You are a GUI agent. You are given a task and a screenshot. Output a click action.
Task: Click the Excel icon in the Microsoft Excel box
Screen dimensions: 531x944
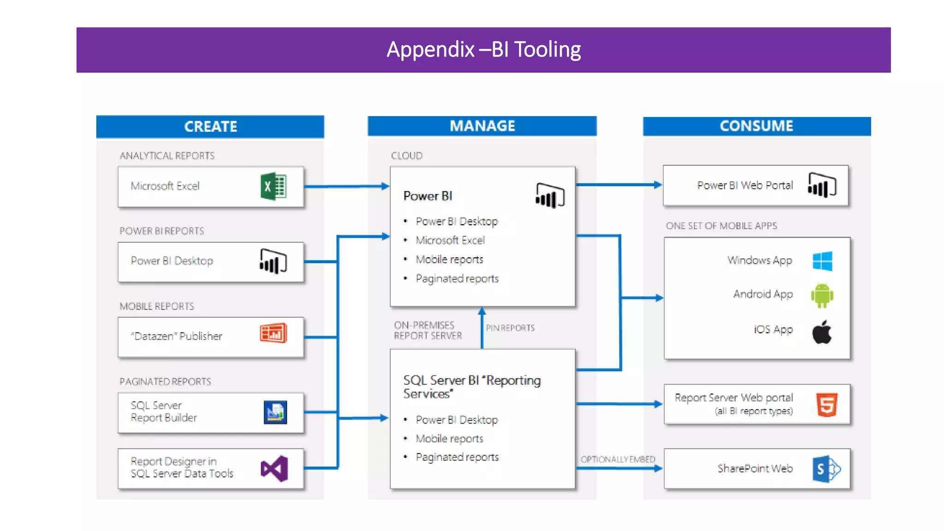pyautogui.click(x=273, y=186)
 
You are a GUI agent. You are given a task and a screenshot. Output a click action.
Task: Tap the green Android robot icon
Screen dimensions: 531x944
pyautogui.click(x=822, y=295)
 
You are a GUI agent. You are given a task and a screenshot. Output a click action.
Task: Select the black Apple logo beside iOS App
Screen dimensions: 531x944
pyautogui.click(x=822, y=332)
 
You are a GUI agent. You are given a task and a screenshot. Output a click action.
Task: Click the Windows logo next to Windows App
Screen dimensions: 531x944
pyautogui.click(x=822, y=261)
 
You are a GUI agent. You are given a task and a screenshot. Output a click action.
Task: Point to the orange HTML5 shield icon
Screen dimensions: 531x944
pyautogui.click(x=827, y=405)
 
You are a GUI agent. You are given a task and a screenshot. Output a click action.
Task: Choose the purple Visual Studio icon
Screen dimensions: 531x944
pyautogui.click(x=274, y=469)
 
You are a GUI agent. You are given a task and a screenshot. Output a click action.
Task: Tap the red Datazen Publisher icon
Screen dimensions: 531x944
pyautogui.click(x=273, y=333)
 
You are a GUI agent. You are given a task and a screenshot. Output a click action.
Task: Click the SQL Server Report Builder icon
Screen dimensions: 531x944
pyautogui.click(x=275, y=412)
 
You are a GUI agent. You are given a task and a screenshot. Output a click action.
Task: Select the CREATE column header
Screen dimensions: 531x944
pyautogui.click(x=210, y=126)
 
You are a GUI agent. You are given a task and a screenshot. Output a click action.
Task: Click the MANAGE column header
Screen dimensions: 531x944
pyautogui.click(x=482, y=126)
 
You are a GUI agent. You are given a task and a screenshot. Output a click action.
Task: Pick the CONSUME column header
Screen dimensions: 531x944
pyautogui.click(x=756, y=126)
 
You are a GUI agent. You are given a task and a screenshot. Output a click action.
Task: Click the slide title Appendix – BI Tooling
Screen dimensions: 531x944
pyautogui.click(x=484, y=49)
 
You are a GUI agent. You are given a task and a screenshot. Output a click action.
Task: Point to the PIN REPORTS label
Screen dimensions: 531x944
pyautogui.click(x=510, y=328)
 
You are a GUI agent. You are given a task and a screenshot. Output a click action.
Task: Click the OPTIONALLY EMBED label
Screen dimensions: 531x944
pyautogui.click(x=618, y=459)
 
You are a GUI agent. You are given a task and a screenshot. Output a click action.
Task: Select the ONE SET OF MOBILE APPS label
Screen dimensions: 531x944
pyautogui.click(x=721, y=226)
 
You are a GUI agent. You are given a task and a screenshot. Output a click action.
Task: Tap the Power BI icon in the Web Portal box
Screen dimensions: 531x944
pyautogui.click(x=822, y=185)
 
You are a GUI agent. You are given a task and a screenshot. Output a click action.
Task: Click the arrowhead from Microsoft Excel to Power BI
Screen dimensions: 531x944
pyautogui.click(x=385, y=186)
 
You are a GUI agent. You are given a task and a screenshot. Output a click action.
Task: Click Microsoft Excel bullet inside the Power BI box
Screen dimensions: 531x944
pyautogui.click(x=450, y=240)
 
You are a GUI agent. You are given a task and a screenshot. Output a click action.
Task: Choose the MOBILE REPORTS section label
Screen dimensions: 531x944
pyautogui.click(x=157, y=307)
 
